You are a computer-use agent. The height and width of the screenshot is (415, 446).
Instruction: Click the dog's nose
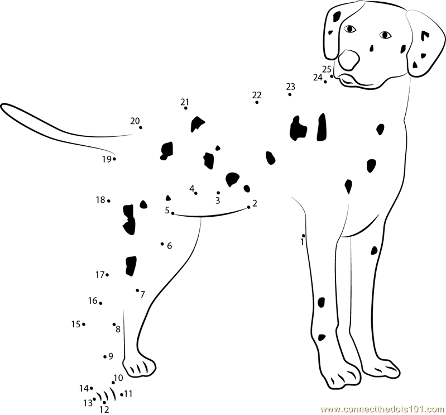point(349,60)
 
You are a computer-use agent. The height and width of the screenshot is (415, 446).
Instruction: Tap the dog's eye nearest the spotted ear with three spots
point(385,35)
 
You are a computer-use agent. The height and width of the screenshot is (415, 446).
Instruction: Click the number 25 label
point(327,69)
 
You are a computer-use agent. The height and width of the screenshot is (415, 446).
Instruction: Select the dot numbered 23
point(290,94)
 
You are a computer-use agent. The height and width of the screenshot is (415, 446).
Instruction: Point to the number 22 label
point(257,95)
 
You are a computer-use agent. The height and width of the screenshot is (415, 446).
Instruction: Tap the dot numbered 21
point(186,108)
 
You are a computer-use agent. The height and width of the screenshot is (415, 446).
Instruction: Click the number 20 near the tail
point(135,121)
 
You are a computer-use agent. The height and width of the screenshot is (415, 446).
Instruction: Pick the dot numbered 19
point(114,159)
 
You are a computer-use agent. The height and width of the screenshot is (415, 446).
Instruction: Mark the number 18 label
point(100,200)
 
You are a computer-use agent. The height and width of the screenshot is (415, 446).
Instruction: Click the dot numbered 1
point(304,236)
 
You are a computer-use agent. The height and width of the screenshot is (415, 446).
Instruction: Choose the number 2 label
point(255,203)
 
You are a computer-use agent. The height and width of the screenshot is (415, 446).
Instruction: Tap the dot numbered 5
point(172,213)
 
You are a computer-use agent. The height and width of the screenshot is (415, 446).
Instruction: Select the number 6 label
point(170,246)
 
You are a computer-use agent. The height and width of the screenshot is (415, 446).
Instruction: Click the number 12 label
point(104,409)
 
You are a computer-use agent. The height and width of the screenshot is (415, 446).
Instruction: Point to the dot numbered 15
point(84,324)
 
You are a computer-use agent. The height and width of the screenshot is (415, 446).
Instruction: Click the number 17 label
point(100,275)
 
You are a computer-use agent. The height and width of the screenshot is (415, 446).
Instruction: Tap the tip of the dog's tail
point(2,106)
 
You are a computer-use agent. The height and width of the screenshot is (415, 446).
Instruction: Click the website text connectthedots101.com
point(383,409)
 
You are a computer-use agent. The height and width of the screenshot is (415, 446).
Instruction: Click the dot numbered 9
point(105,357)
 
